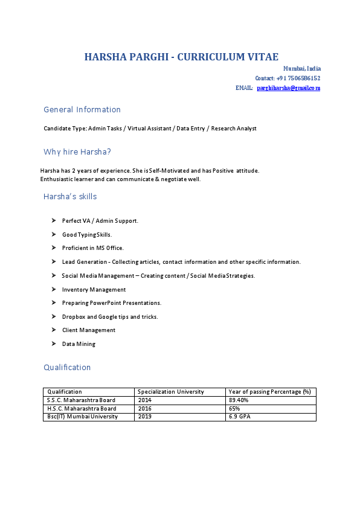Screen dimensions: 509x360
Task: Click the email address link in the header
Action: pos(288,88)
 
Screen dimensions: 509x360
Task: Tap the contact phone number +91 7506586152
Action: pos(298,78)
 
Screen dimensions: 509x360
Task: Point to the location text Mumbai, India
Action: pos(302,69)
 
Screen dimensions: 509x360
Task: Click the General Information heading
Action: pos(82,109)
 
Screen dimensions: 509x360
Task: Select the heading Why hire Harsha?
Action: pos(77,152)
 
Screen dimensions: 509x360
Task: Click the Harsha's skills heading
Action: pos(70,196)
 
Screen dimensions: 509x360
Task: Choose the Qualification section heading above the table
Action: pos(67,367)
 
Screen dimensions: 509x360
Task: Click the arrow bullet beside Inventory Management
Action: pos(54,289)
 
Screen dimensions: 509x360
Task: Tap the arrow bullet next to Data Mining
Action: pos(54,344)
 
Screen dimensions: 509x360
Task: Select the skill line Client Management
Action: pos(89,330)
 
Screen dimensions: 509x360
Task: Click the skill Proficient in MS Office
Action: pos(92,248)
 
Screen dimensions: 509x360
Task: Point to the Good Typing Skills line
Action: pos(87,234)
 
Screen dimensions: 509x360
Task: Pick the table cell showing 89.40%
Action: pos(239,400)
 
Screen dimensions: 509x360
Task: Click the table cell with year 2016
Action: pos(145,409)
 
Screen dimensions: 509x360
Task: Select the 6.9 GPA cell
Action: pos(239,417)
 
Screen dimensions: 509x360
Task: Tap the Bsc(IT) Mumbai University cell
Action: pos(82,417)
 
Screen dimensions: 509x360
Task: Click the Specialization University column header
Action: pos(171,392)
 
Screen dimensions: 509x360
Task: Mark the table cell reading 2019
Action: pos(145,417)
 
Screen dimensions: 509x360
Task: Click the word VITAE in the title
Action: pos(263,57)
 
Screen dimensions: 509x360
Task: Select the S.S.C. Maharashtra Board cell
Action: pos(81,400)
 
